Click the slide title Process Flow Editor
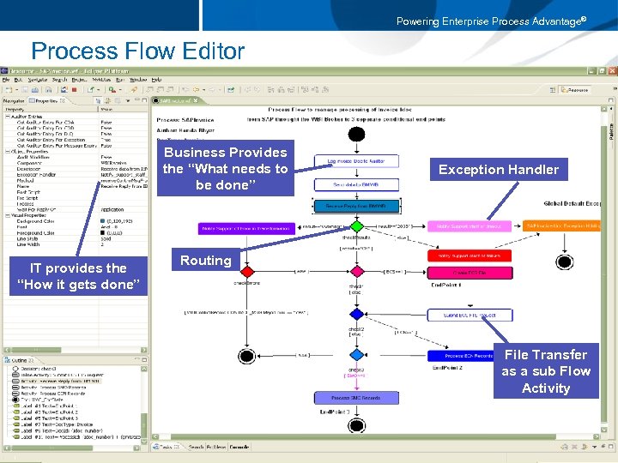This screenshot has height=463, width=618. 137,51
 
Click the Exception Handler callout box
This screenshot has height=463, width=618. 499,169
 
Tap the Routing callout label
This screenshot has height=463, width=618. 205,260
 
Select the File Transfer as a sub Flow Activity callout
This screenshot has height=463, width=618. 546,371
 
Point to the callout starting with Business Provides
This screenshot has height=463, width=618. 225,168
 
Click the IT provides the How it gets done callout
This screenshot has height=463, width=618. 78,276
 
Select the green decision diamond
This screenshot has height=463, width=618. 357,226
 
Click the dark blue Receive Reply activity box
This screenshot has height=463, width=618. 356,206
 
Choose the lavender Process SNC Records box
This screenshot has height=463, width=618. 356,397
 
